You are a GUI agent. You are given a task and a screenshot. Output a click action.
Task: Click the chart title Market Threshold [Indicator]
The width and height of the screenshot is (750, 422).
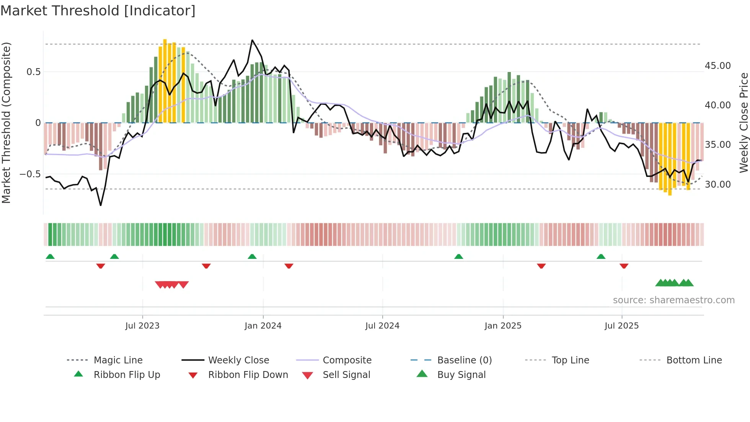pyautogui.click(x=98, y=11)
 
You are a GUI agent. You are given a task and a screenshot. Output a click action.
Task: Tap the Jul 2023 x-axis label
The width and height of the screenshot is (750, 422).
pyautogui.click(x=142, y=326)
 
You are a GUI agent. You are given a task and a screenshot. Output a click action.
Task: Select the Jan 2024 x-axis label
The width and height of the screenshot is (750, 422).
pyautogui.click(x=263, y=326)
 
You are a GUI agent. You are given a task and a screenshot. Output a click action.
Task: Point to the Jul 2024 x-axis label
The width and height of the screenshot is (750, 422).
pyautogui.click(x=382, y=326)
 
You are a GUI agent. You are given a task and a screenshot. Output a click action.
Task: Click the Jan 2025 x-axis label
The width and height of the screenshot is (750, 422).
pyautogui.click(x=503, y=326)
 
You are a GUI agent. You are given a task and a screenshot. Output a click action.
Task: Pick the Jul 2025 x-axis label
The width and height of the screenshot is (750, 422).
pyautogui.click(x=621, y=326)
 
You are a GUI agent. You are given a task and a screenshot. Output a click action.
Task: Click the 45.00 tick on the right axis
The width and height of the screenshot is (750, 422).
pyautogui.click(x=717, y=66)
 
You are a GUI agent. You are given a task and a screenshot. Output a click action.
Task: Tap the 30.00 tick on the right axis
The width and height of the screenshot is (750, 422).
pyautogui.click(x=717, y=185)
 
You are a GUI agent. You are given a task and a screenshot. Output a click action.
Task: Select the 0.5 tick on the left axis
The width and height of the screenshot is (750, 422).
pyautogui.click(x=34, y=72)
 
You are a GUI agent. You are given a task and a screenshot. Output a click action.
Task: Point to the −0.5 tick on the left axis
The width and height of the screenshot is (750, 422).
pyautogui.click(x=30, y=174)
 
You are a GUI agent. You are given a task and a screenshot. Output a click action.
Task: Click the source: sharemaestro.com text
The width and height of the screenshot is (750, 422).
pyautogui.click(x=673, y=300)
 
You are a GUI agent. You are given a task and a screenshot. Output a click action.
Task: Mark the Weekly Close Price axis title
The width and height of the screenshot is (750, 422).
pyautogui.click(x=743, y=123)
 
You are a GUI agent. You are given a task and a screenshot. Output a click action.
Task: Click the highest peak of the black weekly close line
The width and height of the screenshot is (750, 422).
pyautogui.click(x=252, y=40)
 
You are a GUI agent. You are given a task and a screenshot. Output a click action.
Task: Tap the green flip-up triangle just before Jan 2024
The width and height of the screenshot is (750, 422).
pyautogui.click(x=252, y=257)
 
